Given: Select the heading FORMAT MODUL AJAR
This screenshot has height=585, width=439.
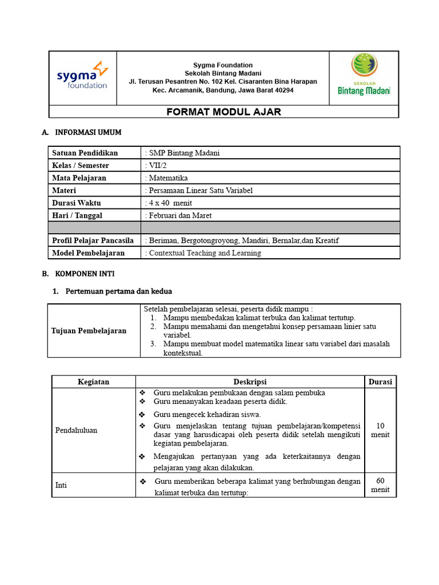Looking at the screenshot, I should [x=224, y=112].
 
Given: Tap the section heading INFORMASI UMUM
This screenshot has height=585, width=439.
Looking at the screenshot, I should [x=87, y=133].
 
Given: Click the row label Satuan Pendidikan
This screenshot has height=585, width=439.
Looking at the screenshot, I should [x=85, y=153].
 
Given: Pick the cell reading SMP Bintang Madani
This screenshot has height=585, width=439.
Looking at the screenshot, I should [x=183, y=153].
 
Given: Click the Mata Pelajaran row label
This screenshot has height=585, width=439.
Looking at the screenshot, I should [x=79, y=178].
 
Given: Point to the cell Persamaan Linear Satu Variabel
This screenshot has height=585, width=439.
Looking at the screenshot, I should [x=199, y=191].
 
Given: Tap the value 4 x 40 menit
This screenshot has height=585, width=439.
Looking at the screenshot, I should [x=169, y=203].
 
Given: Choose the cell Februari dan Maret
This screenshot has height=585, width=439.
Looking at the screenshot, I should [x=179, y=216].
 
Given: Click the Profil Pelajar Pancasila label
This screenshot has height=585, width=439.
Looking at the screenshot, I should [x=93, y=241].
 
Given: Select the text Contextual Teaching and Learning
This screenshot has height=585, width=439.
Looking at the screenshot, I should [x=203, y=253].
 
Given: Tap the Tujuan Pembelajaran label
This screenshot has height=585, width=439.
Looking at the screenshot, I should [x=89, y=331].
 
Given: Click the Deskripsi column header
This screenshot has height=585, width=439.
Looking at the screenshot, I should [x=250, y=382].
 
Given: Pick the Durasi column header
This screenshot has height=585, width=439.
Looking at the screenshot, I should [x=380, y=382].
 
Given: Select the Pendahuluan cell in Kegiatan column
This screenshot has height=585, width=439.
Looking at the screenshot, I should [x=76, y=430].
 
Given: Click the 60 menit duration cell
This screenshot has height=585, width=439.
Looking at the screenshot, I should [x=380, y=485].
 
